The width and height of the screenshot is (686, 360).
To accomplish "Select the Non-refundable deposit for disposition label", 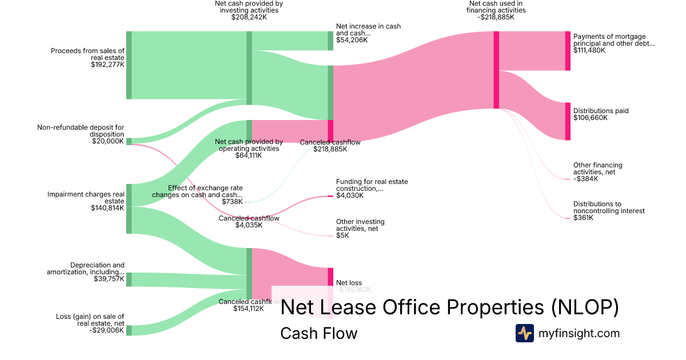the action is tap(81, 130).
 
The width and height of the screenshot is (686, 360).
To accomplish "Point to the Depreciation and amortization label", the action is tap(86, 269).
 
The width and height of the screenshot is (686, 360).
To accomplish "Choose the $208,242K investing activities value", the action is tap(249, 17).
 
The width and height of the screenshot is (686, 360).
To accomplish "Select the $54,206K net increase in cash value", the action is tap(352, 40).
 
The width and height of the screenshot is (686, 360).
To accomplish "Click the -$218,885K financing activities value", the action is tap(496, 17).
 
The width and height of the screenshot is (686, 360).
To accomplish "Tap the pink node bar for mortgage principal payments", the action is tap(568, 51).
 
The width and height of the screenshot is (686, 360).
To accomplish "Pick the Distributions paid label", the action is tap(601, 111).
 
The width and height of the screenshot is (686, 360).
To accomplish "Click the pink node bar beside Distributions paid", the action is tap(568, 121).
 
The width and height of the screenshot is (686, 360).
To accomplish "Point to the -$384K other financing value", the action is tap(585, 179).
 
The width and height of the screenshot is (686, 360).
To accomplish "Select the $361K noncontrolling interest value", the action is tap(583, 218).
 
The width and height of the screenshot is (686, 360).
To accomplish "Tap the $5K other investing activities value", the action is tap(342, 235).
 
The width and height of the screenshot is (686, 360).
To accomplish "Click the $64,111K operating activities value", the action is tap(248, 155).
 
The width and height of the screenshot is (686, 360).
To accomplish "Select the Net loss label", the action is tap(349, 283).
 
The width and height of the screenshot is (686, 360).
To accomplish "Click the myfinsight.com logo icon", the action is tap(524, 333).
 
